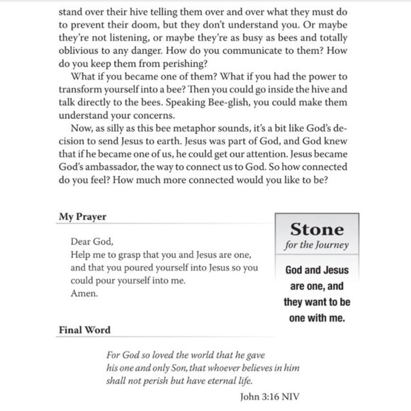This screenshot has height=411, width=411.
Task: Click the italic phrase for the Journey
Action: click(x=318, y=246)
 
